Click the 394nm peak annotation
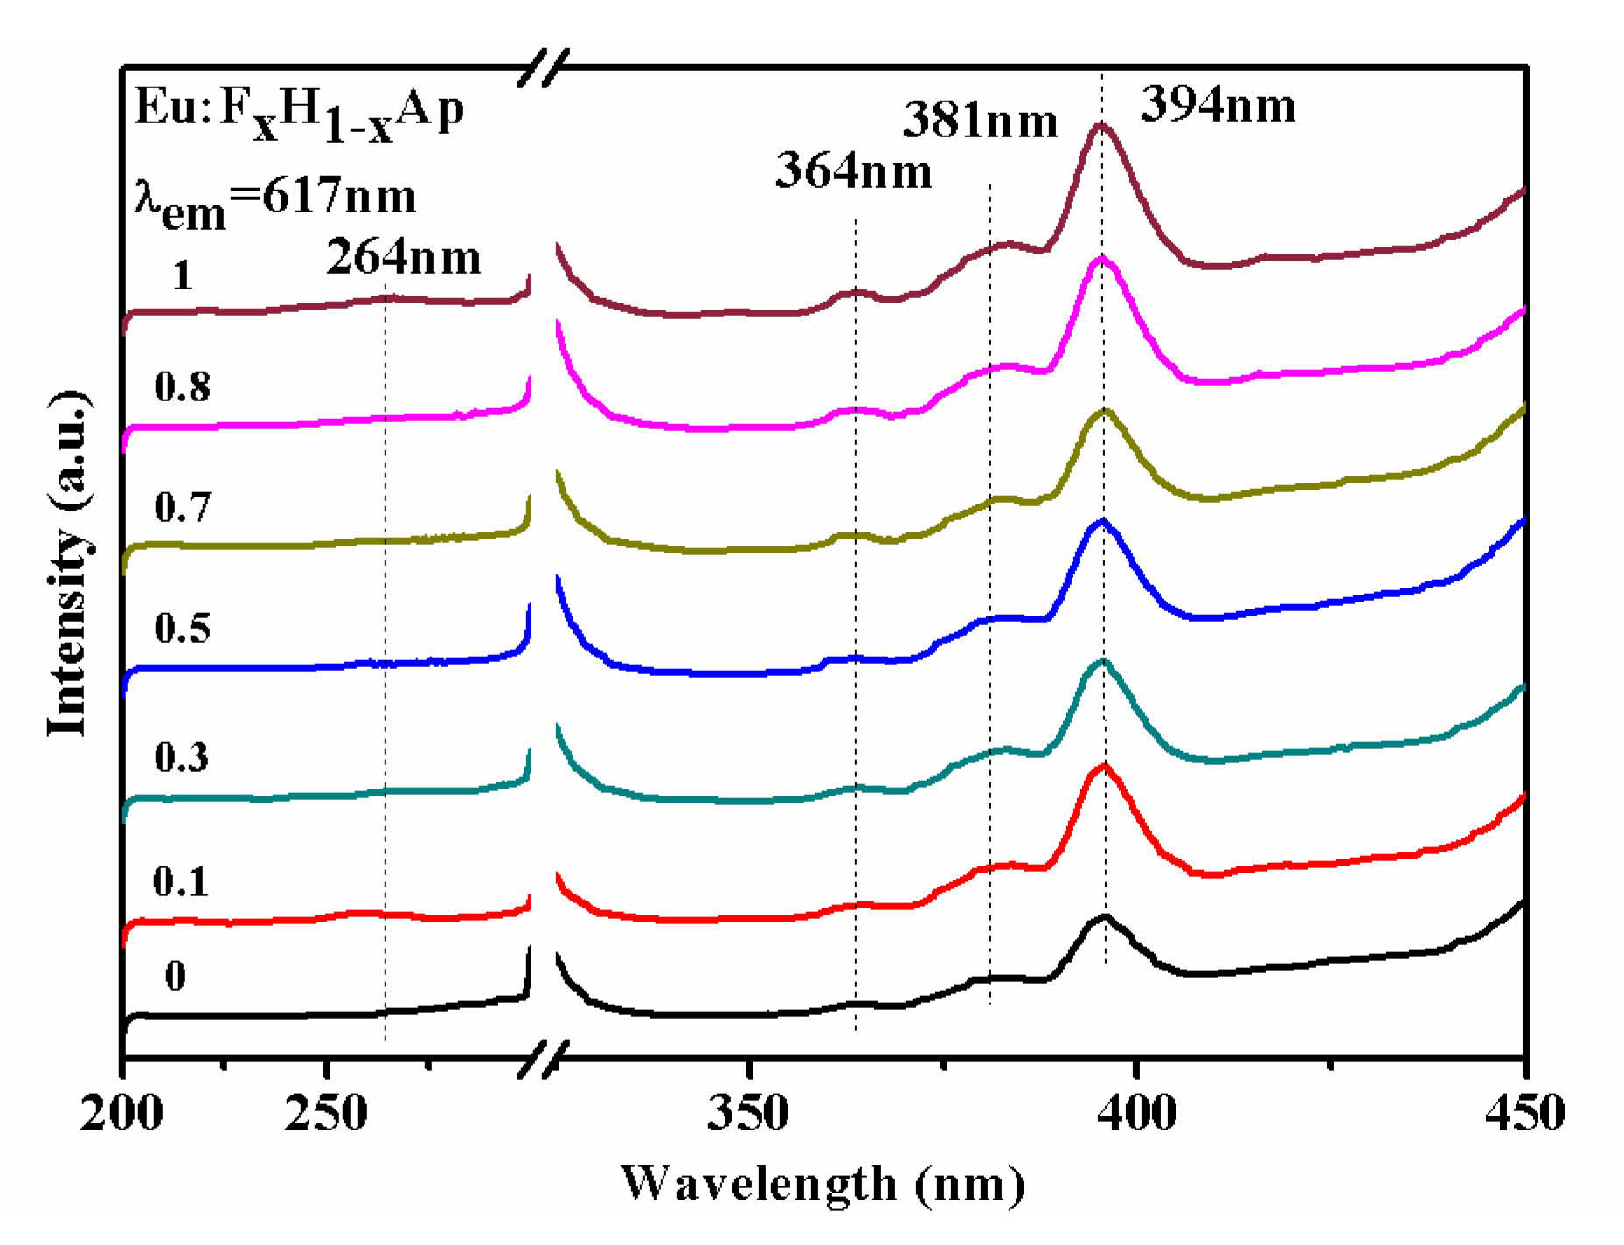1218,105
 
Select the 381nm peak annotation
980,121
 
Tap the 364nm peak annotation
853,170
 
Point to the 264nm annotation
404,257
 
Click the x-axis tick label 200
121,1114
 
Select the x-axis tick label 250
325,1114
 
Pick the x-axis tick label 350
748,1114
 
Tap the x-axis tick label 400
1135,1114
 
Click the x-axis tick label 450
1524,1114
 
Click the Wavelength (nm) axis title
822,1185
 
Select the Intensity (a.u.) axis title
69,563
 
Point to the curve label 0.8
182,386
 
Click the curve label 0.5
182,628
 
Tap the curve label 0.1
180,881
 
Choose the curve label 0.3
181,757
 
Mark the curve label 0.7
182,507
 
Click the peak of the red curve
1104,768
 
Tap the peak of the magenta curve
1101,259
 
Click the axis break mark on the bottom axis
544,1058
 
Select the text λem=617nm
275,199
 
